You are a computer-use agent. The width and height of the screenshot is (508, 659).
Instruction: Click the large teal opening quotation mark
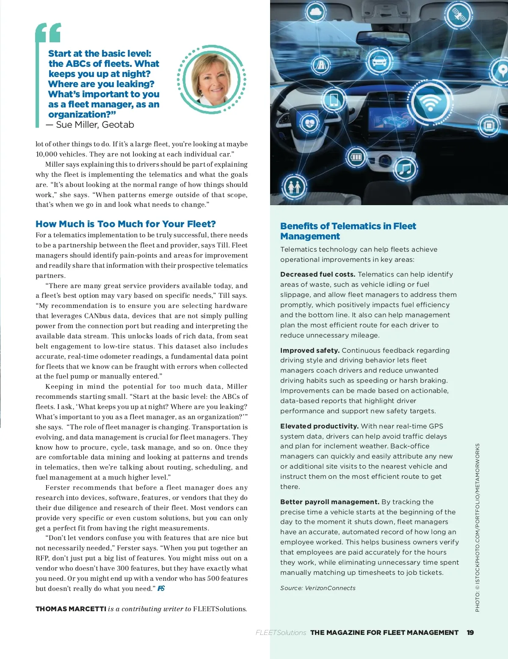[x=48, y=33]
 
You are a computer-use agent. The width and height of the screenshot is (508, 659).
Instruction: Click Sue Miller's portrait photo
[x=211, y=79]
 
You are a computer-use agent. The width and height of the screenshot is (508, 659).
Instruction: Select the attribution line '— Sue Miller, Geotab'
[x=90, y=125]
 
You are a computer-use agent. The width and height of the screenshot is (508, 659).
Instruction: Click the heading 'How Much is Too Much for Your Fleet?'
[x=126, y=224]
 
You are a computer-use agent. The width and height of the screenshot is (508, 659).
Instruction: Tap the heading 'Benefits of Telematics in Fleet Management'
[x=348, y=231]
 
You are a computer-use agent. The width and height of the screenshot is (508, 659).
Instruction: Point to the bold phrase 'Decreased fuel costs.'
[x=317, y=275]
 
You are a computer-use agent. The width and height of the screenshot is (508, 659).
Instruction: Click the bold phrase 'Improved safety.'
[x=310, y=350]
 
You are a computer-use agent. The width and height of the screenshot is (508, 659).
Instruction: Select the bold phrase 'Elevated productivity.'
[x=319, y=426]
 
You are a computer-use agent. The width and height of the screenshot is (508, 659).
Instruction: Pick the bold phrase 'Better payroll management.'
[x=329, y=502]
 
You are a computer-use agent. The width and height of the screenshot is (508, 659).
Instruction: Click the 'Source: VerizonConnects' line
[x=318, y=588]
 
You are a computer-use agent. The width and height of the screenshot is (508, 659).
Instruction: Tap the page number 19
[x=470, y=633]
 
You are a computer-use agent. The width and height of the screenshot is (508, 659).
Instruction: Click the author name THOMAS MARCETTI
[x=71, y=609]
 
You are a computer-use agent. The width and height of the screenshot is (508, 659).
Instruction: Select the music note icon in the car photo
[x=405, y=170]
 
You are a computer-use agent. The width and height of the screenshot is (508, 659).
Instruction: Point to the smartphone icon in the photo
[x=334, y=100]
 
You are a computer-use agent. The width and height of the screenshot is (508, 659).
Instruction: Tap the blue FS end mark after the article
[x=161, y=588]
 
